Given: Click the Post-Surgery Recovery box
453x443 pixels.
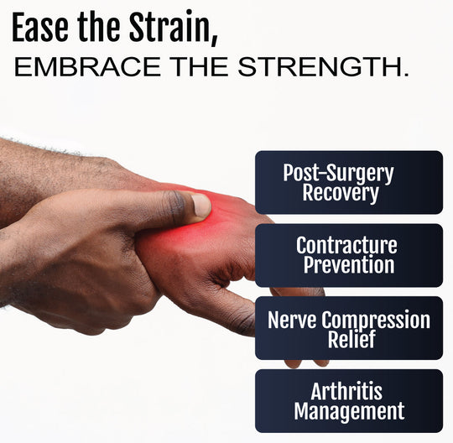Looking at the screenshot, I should click(348, 182).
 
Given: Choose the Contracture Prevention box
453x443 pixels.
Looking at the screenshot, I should click(348, 255).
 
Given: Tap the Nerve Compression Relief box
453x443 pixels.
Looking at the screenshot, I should click(348, 328).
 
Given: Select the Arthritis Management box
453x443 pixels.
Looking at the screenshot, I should click(348, 401).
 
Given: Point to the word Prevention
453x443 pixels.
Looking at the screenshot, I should click(348, 266).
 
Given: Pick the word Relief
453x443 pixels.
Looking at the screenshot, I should click(348, 339).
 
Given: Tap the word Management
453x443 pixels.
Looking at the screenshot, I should click(348, 412).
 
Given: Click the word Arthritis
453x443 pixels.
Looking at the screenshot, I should click(348, 390).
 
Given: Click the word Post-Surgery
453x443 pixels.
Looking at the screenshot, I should click(338, 173).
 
